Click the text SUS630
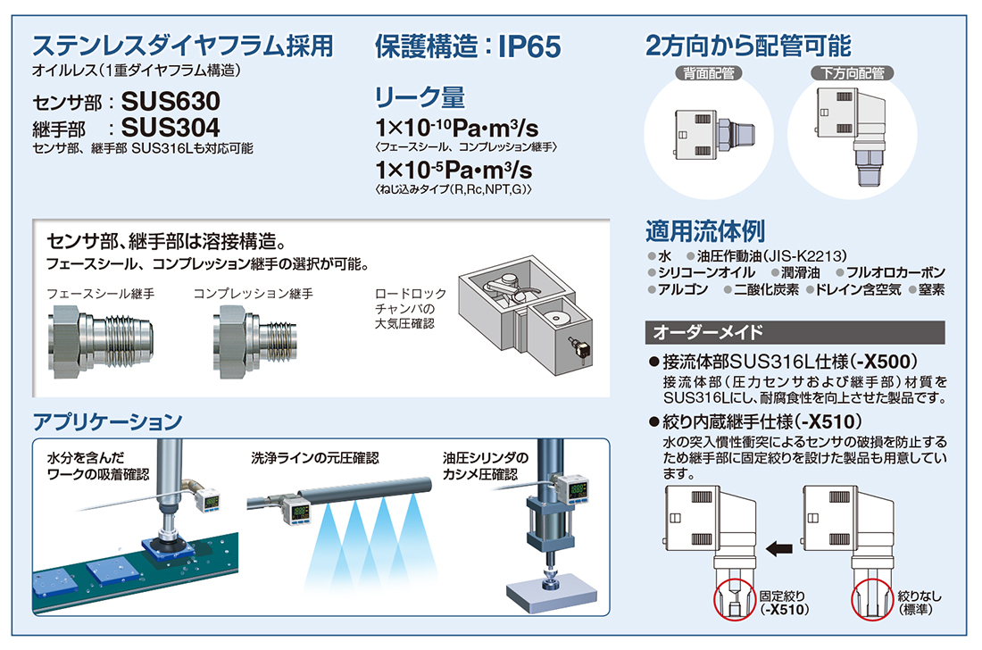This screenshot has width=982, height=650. point(171,102)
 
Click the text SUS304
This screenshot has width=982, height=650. point(171,128)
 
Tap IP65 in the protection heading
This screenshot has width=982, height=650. point(529,47)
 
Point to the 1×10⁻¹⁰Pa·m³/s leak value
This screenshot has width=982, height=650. point(456,128)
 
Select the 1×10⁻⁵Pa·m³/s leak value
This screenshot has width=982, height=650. point(454,170)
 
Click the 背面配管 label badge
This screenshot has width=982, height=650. point(709,73)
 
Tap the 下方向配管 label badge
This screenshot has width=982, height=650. point(853,73)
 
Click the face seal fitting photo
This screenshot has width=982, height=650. point(100,341)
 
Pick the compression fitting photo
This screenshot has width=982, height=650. point(254,341)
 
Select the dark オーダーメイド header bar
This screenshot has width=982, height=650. point(795,332)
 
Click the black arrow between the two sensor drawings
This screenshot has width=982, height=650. point(779,548)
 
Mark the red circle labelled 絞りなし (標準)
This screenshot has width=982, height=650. point(872,600)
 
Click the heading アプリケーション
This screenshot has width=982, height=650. point(108,421)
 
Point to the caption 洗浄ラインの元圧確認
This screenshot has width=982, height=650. point(315,458)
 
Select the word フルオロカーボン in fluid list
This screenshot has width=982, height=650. point(895,272)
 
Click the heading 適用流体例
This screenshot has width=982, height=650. point(705,231)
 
